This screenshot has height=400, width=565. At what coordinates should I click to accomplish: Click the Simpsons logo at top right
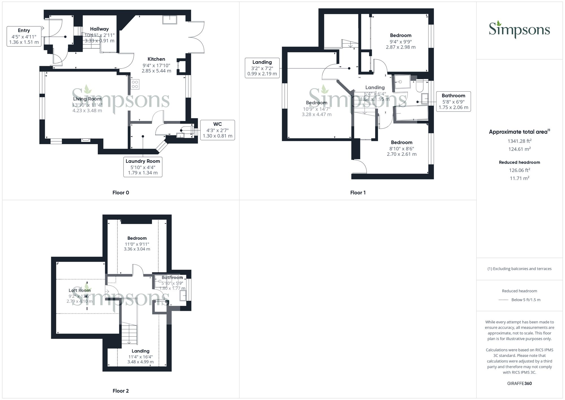click(x=519, y=29)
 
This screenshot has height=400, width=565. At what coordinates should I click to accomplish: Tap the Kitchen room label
click(x=156, y=59)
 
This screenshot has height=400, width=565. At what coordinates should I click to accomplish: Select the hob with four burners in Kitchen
click(x=135, y=84)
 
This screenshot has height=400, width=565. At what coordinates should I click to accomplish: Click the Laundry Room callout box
click(x=143, y=167)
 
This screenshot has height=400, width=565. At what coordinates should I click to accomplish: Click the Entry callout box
click(x=24, y=36)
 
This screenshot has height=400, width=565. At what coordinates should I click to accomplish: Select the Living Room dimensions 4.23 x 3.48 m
click(x=87, y=111)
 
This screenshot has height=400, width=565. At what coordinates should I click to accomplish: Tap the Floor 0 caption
click(x=121, y=193)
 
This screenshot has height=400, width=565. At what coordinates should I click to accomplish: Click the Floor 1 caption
click(x=358, y=193)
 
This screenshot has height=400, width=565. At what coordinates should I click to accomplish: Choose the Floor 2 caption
click(x=121, y=391)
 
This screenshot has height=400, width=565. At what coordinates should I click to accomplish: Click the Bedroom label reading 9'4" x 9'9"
click(x=401, y=41)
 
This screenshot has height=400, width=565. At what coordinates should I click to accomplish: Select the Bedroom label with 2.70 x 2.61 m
click(x=401, y=148)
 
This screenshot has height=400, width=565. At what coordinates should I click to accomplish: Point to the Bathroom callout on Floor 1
click(x=453, y=101)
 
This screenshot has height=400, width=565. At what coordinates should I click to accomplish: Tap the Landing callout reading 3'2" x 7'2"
click(x=262, y=68)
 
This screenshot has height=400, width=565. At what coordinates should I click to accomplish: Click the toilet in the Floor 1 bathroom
click(x=419, y=86)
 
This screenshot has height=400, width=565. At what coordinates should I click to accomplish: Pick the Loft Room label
click(x=80, y=290)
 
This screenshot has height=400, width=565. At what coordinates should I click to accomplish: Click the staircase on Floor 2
click(x=129, y=334)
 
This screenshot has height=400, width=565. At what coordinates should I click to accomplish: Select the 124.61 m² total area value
click(x=519, y=149)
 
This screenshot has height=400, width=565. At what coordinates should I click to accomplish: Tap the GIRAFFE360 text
click(x=519, y=383)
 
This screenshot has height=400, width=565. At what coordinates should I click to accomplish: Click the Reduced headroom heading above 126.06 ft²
click(x=519, y=162)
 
